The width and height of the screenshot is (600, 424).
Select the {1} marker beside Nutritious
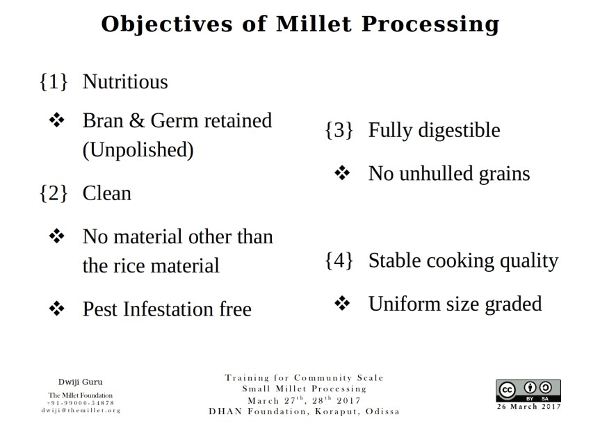coord(54,82)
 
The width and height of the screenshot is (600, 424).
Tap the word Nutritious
coord(125,82)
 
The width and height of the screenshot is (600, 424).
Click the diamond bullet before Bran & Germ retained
coord(57,121)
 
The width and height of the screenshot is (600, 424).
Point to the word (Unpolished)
coord(138,150)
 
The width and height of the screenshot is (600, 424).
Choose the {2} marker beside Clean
coord(54,193)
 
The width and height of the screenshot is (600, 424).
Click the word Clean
coord(106,193)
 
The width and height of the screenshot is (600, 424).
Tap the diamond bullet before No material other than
coord(57,236)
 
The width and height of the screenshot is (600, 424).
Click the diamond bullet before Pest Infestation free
coord(57,309)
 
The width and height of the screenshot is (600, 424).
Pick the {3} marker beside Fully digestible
coord(339,130)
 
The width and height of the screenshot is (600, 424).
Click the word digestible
coord(460,130)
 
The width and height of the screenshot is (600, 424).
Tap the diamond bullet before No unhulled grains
coord(342,173)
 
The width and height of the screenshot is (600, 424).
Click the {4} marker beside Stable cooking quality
coord(339,261)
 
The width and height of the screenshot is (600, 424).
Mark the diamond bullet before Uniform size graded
coord(342,304)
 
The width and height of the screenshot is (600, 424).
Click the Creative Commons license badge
coord(528,391)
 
